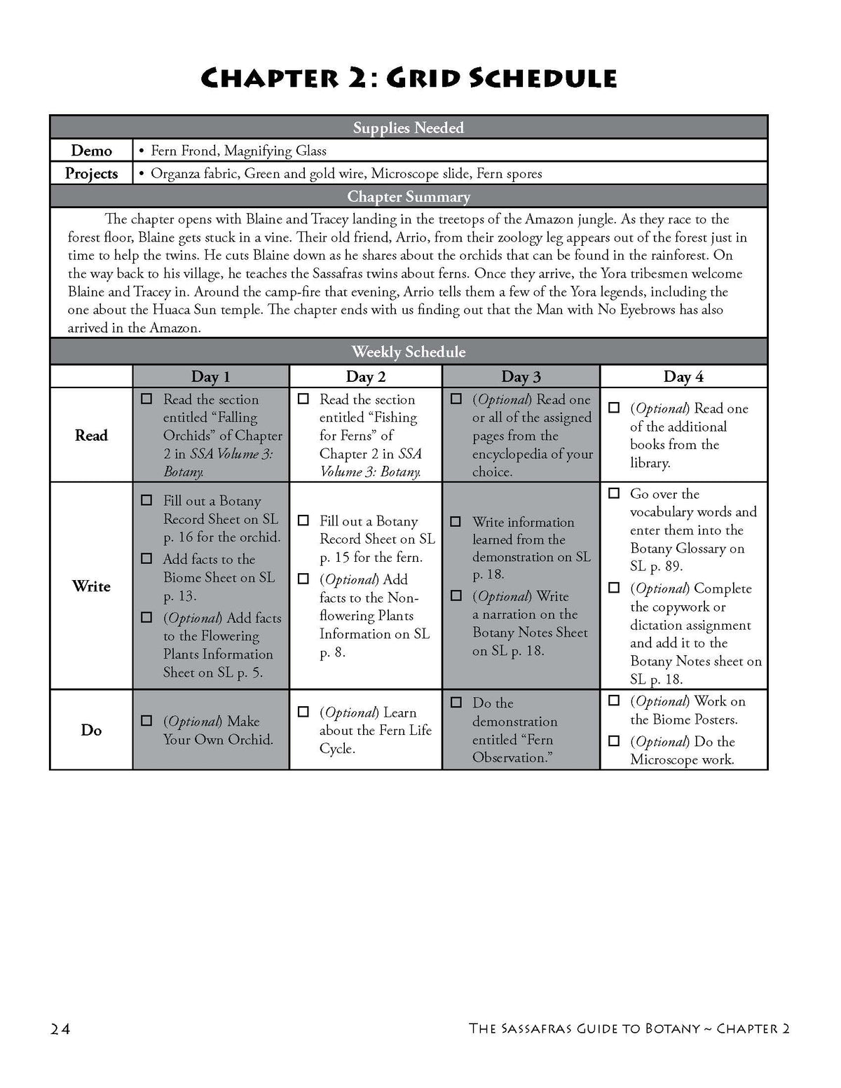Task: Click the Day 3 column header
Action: pyautogui.click(x=521, y=377)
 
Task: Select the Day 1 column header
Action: pyautogui.click(x=210, y=377)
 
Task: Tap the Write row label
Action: pyautogui.click(x=91, y=586)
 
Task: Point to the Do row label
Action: pyautogui.click(x=91, y=730)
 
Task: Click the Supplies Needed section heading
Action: pyautogui.click(x=409, y=128)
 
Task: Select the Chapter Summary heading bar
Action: pyautogui.click(x=409, y=197)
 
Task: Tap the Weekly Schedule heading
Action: pyautogui.click(x=409, y=352)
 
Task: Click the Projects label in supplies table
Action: pyautogui.click(x=91, y=174)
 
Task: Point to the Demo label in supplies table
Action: pyautogui.click(x=91, y=151)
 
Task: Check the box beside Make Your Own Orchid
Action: pyautogui.click(x=146, y=720)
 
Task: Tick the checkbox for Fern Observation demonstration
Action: pyautogui.click(x=456, y=702)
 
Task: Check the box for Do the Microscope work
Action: pyautogui.click(x=614, y=741)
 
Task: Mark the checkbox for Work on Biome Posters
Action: pyautogui.click(x=614, y=700)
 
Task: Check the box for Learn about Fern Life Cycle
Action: pyautogui.click(x=303, y=712)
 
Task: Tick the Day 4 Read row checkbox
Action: pyautogui.click(x=614, y=408)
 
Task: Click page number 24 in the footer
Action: pyautogui.click(x=60, y=1028)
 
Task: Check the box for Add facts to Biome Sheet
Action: pyautogui.click(x=146, y=558)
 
